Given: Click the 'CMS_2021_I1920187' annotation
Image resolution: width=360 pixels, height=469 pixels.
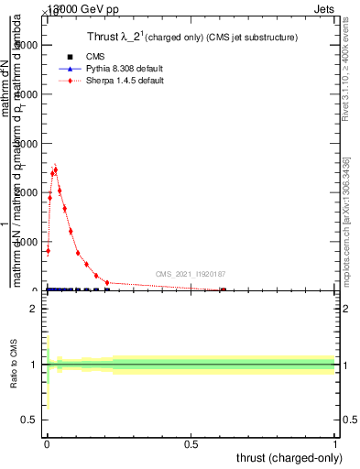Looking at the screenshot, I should point(191,273).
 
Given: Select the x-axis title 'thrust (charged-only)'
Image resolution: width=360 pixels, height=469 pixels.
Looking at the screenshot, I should point(289,456).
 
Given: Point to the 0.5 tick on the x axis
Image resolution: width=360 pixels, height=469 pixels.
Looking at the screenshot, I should point(191,443).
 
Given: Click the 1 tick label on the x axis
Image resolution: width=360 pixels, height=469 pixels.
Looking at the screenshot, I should point(336,443).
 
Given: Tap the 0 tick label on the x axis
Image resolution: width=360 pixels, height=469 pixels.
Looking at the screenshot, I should point(48,443).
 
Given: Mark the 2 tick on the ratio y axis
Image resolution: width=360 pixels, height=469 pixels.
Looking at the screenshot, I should point(33,310).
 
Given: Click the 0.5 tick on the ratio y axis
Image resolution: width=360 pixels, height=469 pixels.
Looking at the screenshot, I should point(28,419).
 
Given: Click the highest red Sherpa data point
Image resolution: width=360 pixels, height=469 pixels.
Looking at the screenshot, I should point(56,169).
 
